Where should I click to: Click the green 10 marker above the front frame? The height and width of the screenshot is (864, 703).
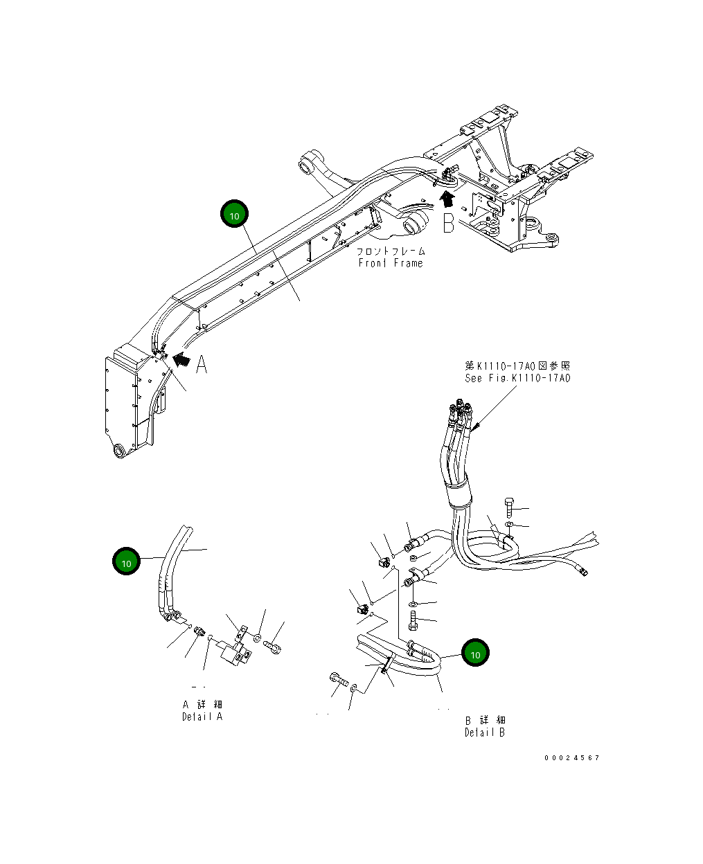pos(234,215)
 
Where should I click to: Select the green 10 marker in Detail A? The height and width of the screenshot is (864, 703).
pos(127,563)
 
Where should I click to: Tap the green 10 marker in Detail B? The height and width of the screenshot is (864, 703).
pos(475,654)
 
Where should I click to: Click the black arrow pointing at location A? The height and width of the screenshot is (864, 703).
pos(181,359)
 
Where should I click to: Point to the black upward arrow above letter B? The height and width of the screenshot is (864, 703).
pos(448,199)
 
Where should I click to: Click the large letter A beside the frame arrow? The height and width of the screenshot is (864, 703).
pos(202,364)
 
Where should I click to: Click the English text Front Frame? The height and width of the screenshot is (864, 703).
pos(391,263)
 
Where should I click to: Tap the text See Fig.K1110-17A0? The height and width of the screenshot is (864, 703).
pos(517,378)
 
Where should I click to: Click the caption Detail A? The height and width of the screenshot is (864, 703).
pos(202,717)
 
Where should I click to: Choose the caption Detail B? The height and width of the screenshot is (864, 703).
pos(485,732)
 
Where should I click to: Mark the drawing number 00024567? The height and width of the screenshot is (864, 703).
pos(571,757)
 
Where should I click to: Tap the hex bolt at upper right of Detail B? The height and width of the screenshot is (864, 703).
pos(510,508)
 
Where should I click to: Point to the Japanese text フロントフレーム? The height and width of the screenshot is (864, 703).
pos(391,251)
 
